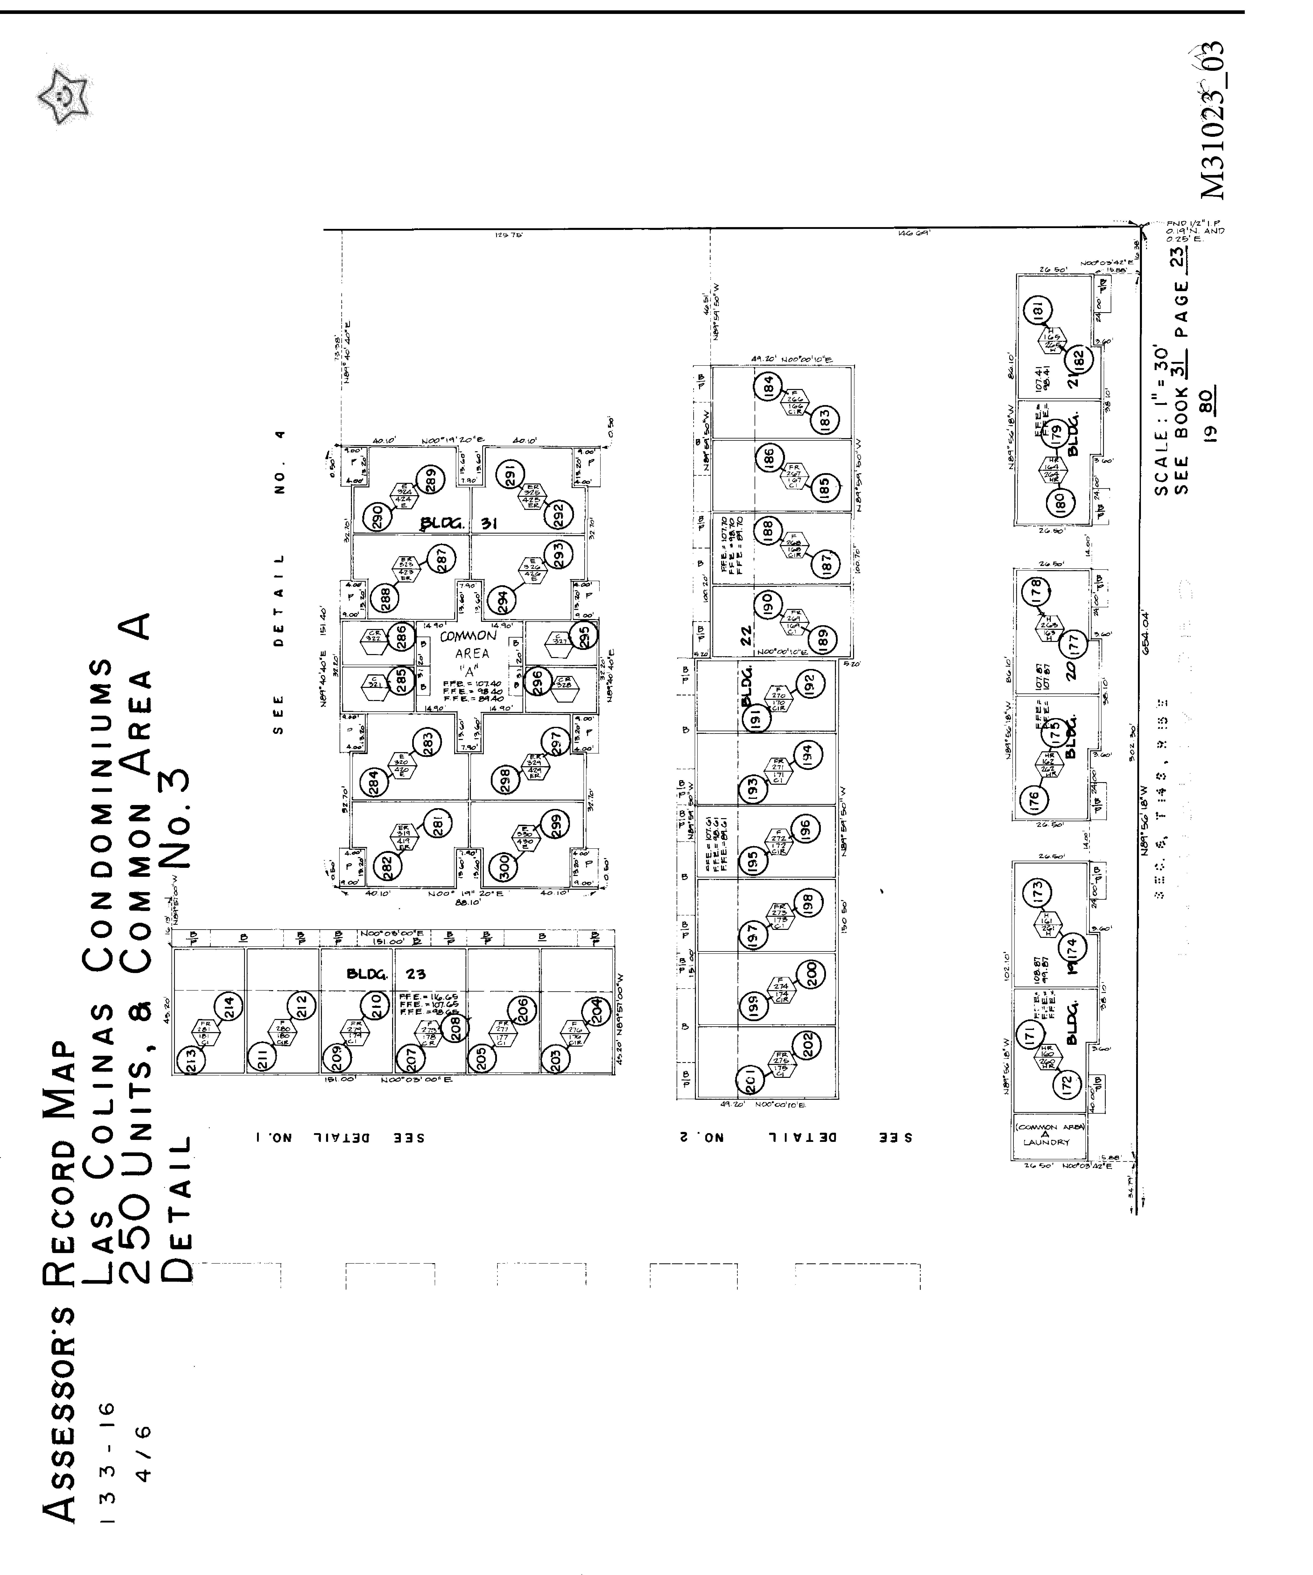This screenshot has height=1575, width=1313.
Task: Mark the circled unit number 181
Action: pyautogui.click(x=1039, y=310)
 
